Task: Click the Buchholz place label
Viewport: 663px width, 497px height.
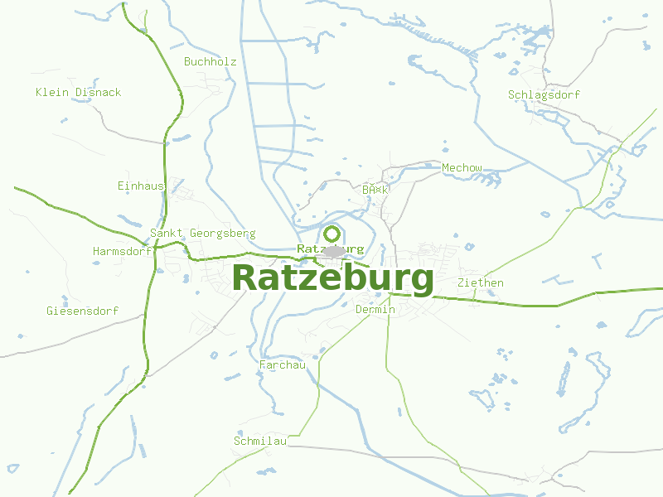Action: [211, 62]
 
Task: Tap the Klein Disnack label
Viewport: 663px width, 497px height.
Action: [78, 92]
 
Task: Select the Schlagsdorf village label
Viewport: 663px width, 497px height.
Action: [544, 94]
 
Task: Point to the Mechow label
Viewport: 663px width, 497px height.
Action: [462, 168]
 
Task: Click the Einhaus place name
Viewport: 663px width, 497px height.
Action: [141, 186]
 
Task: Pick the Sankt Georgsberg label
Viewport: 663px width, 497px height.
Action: [202, 234]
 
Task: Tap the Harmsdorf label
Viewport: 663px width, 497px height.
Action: [122, 250]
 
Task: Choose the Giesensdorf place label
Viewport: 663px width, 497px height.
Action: [82, 311]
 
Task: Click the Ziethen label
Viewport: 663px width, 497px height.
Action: [480, 282]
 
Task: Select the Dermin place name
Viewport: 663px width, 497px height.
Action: [375, 310]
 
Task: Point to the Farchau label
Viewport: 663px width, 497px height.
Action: [283, 364]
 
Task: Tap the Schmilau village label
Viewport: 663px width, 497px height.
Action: [259, 441]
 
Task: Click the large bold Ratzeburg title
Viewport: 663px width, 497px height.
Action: [333, 277]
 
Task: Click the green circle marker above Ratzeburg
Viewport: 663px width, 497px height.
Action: [332, 234]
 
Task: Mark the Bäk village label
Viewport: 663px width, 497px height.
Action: [375, 190]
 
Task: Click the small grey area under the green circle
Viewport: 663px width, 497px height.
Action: [334, 252]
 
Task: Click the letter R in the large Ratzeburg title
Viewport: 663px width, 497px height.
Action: [246, 277]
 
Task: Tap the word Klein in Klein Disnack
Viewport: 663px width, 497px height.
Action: [52, 92]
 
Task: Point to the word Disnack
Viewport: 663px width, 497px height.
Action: [98, 92]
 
